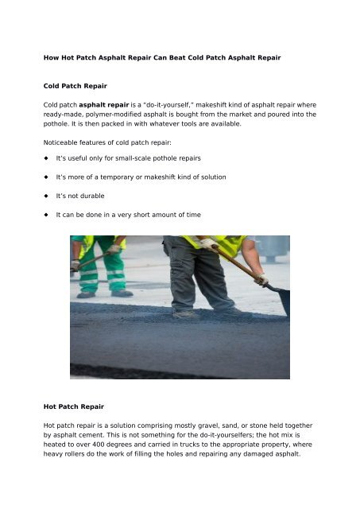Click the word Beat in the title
point(173,58)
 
